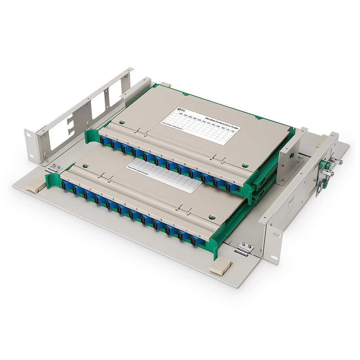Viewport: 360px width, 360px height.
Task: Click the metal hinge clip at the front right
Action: [x=244, y=249]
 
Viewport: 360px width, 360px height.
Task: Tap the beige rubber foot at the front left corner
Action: [x=35, y=185]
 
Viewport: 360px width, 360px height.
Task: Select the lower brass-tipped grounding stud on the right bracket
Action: [x=330, y=174]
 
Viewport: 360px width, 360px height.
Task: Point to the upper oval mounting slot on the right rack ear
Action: [x=276, y=235]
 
